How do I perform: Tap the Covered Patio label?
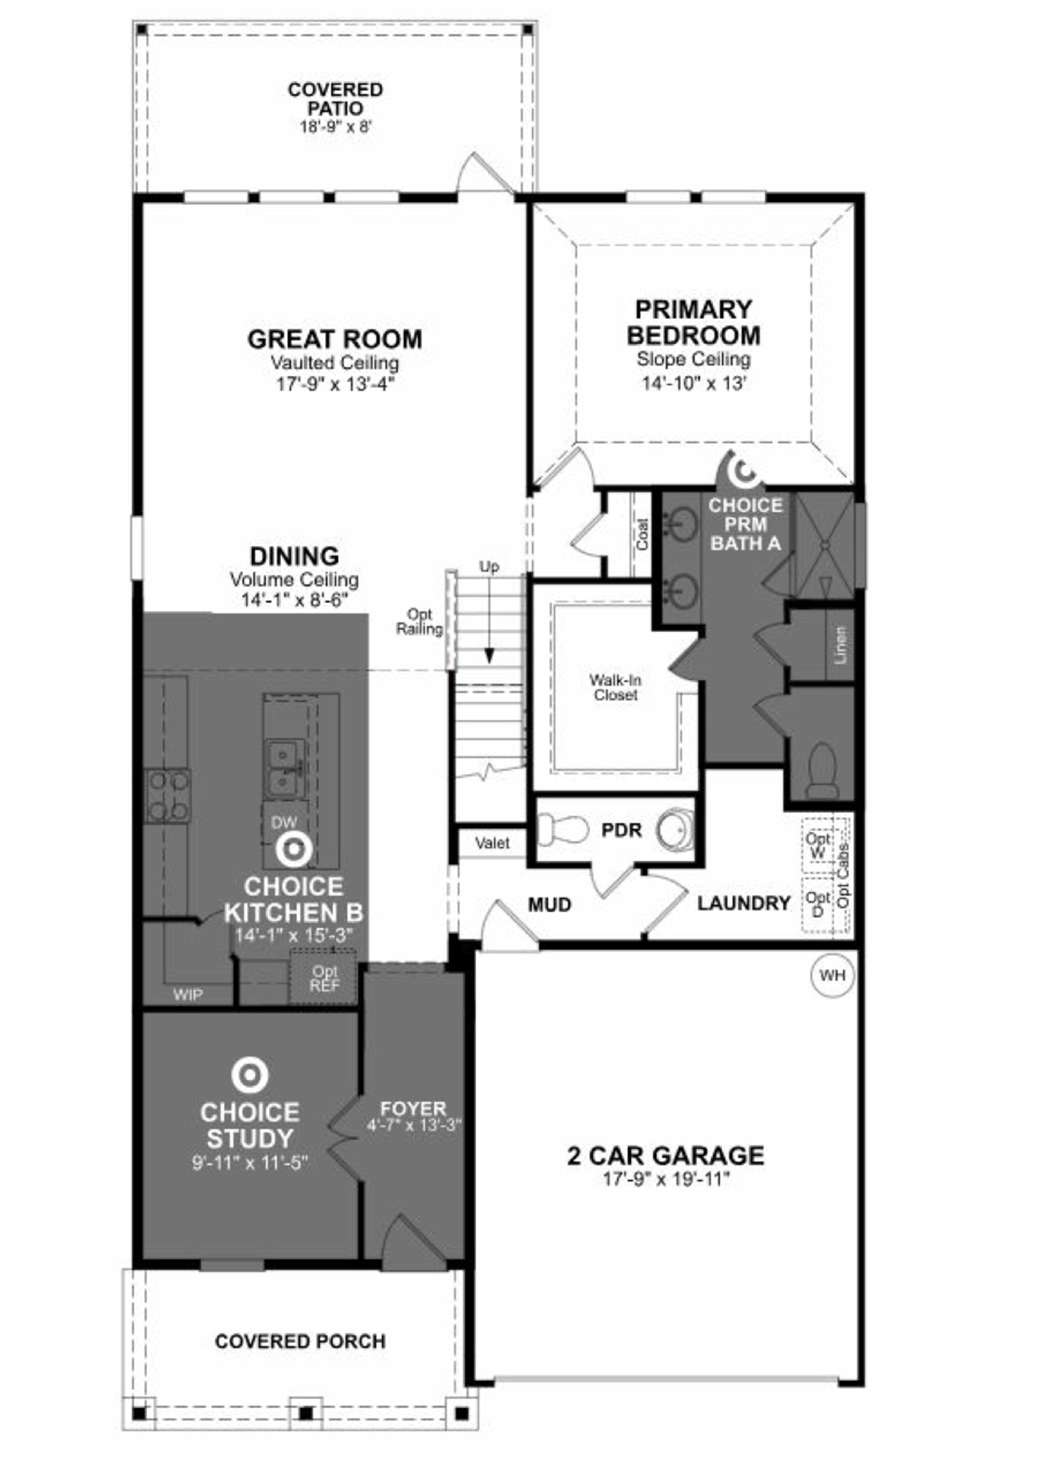335,99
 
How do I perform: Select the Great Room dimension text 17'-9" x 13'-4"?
335,384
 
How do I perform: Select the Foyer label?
413,1109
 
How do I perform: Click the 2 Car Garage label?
666,1155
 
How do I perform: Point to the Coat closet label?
643,534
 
